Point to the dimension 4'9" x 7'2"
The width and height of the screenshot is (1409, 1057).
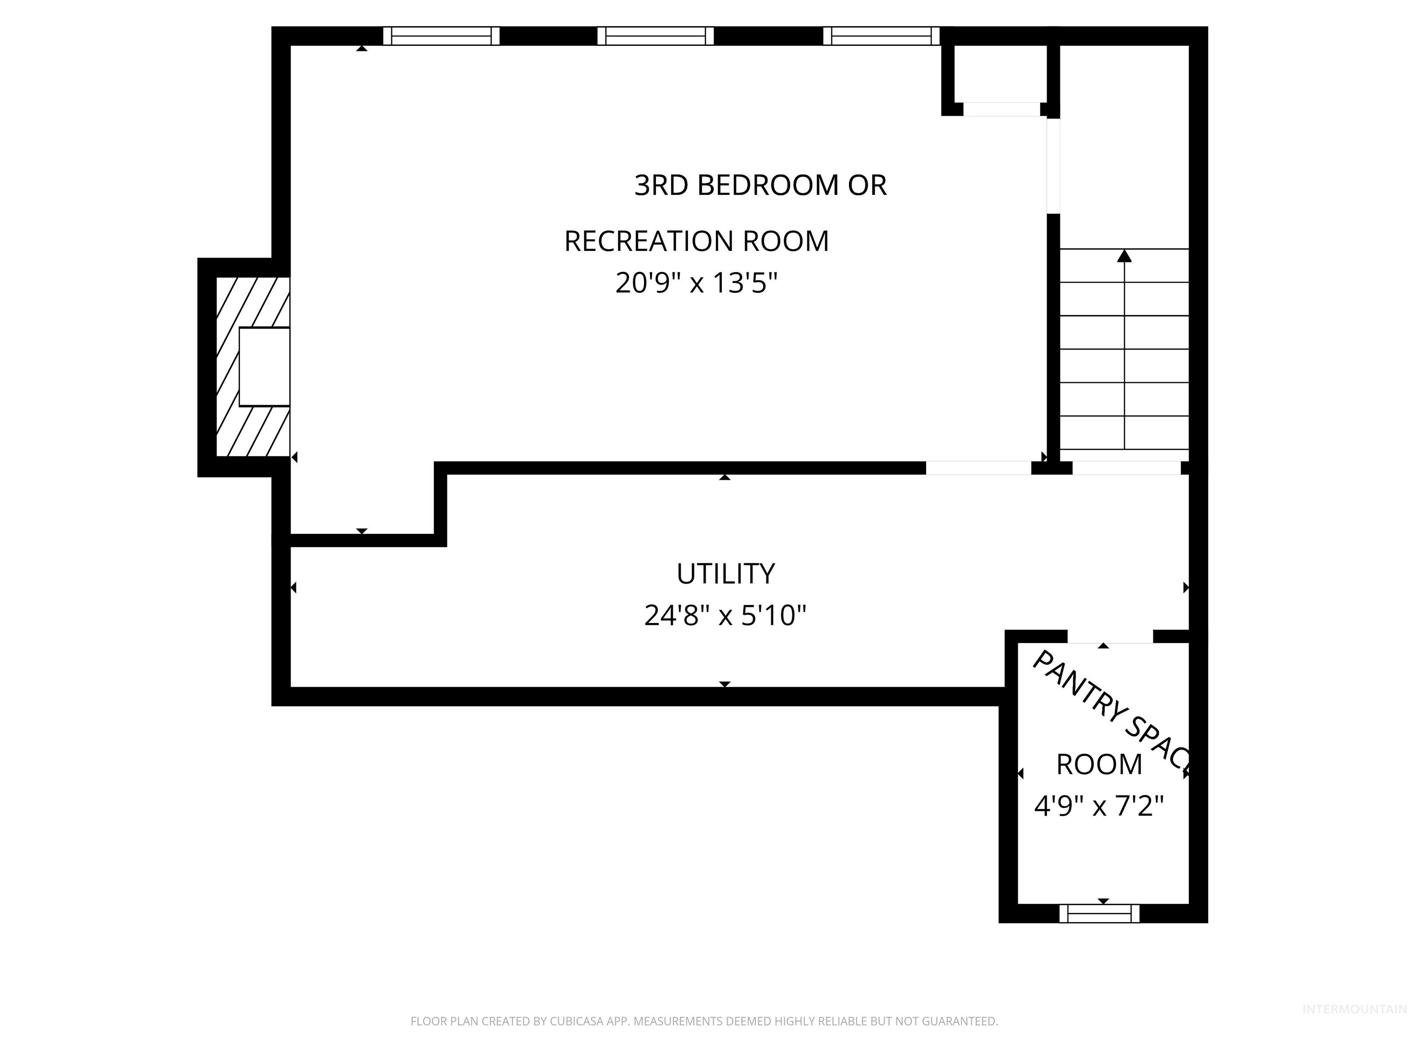click(1099, 806)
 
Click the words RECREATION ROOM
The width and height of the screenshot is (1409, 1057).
click(696, 241)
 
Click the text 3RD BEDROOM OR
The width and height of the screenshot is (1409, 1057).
click(760, 185)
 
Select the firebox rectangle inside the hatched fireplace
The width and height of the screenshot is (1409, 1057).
click(264, 367)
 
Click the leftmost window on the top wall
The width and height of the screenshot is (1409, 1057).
click(441, 36)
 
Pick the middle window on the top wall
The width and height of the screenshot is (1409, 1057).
click(655, 36)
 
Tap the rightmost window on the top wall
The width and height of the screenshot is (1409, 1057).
click(881, 36)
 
